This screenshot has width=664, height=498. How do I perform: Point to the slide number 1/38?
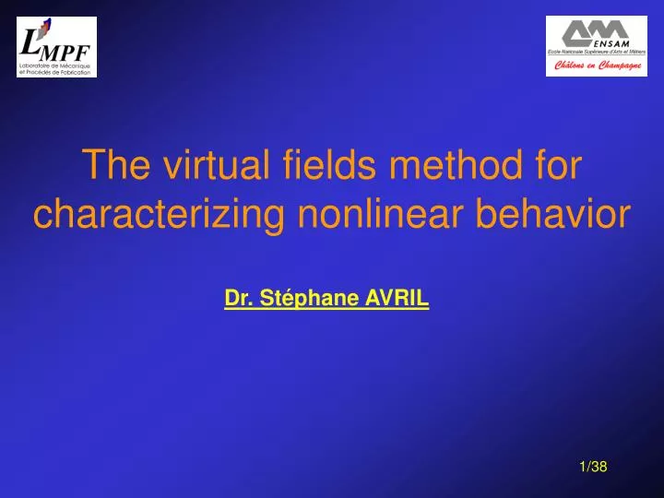[x=593, y=468]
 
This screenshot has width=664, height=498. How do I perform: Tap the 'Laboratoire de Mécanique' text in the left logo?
[x=55, y=65]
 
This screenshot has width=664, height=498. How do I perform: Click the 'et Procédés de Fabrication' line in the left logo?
[x=55, y=72]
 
